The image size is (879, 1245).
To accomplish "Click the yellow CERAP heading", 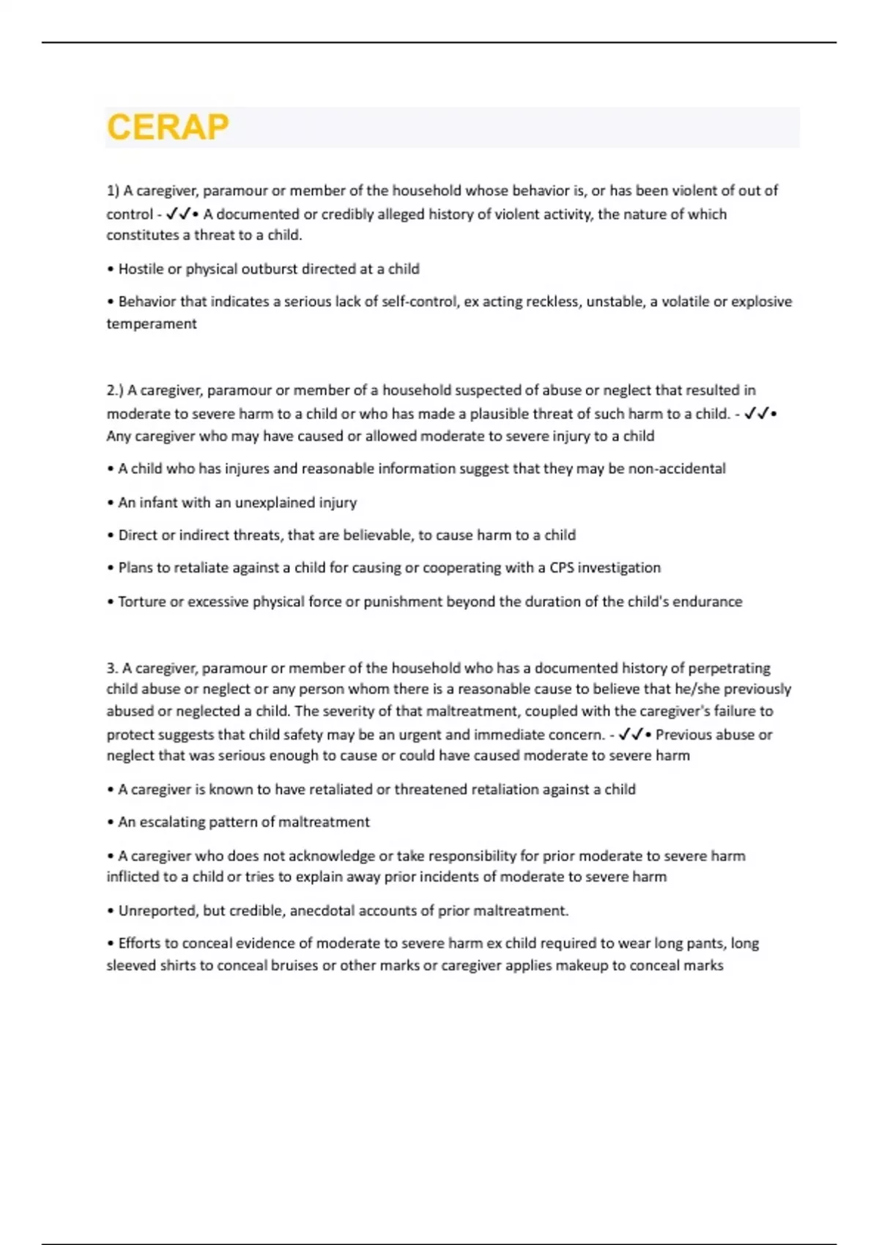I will pos(168,127).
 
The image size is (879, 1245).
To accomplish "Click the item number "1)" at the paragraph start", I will pos(113,191).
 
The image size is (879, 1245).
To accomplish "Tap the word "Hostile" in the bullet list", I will pos(141,269).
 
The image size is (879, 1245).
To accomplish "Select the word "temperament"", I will pos(152,324).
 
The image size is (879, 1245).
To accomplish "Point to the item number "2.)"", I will pos(116,390).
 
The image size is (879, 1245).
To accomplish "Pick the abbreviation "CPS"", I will pos(562,568).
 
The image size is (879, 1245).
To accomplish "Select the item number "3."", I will pos(112,668).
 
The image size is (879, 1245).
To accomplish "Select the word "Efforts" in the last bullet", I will pos(141,943).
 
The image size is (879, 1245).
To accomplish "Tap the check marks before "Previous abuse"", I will pos(631,734).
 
